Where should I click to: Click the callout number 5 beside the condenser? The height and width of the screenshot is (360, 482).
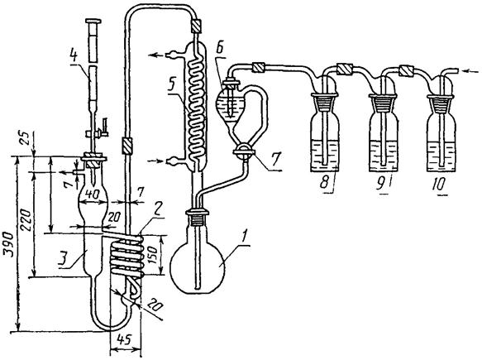[x=173, y=88]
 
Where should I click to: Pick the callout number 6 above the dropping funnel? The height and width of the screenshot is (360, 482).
[x=219, y=53]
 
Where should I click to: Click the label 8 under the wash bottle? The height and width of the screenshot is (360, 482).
[x=324, y=184]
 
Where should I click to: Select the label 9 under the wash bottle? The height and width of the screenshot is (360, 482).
[x=381, y=184]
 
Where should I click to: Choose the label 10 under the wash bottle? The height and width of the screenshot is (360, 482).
[x=439, y=184]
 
